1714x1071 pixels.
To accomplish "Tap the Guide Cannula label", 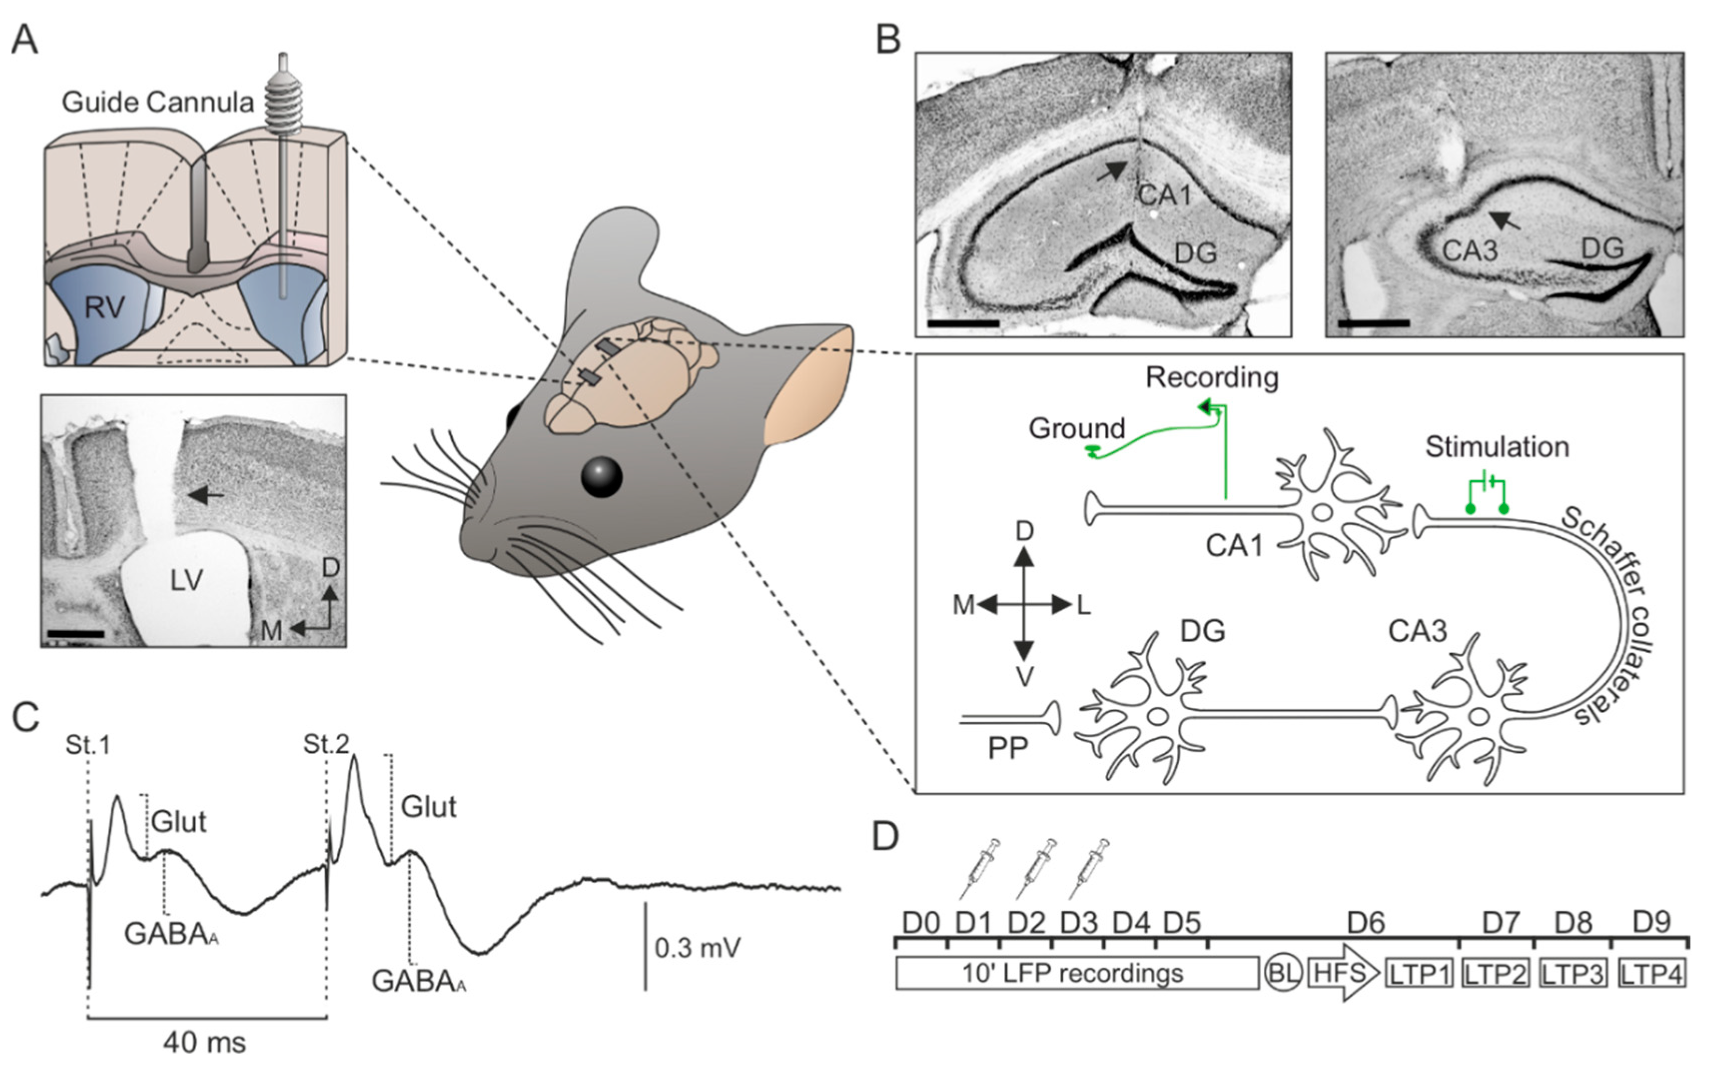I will pyautogui.click(x=157, y=103).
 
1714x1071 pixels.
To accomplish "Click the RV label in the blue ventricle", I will pyautogui.click(x=105, y=308).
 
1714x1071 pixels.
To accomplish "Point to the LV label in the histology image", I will pyautogui.click(x=186, y=581).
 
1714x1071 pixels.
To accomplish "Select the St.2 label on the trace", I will pyautogui.click(x=327, y=744).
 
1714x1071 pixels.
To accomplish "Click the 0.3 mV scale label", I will pyautogui.click(x=697, y=947).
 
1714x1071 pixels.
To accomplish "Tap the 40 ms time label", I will pyautogui.click(x=205, y=1043).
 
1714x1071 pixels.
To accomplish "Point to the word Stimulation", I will pyautogui.click(x=1496, y=447).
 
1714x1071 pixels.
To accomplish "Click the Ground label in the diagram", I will pyautogui.click(x=1076, y=428).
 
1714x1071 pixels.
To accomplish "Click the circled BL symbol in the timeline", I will pyautogui.click(x=1283, y=973).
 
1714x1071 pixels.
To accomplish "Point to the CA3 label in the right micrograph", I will pyautogui.click(x=1470, y=250).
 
